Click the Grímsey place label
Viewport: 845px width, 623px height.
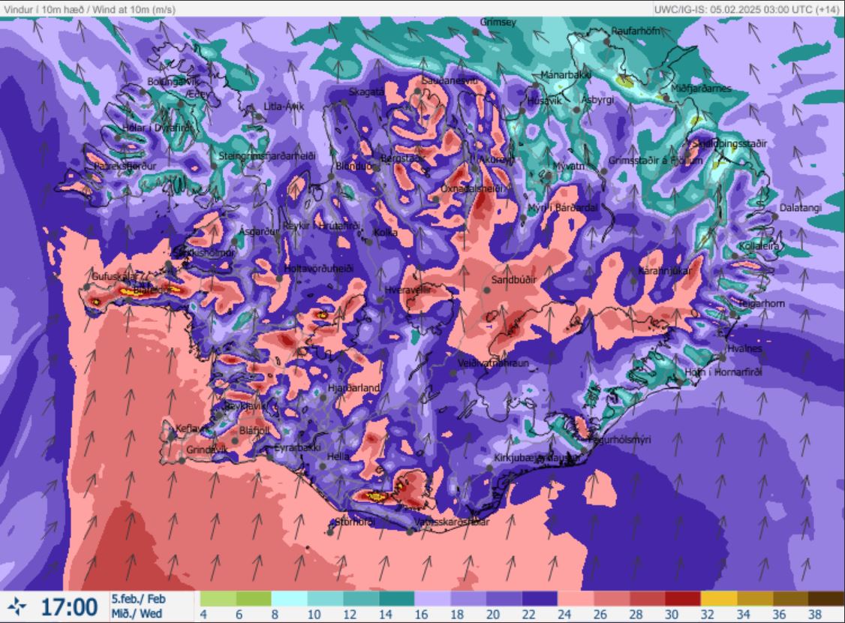pyautogui.click(x=498, y=23)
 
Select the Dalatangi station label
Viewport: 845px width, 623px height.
pyautogui.click(x=800, y=207)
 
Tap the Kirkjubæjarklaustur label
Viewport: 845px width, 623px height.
pyautogui.click(x=537, y=457)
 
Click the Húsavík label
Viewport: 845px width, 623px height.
pyautogui.click(x=545, y=101)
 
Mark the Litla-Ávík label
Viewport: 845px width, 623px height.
pyautogui.click(x=284, y=107)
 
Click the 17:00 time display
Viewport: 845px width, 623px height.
pyautogui.click(x=68, y=606)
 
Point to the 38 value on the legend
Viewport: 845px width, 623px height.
pyautogui.click(x=816, y=615)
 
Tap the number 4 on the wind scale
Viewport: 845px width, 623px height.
pyautogui.click(x=205, y=615)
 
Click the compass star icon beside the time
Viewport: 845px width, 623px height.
pyautogui.click(x=20, y=606)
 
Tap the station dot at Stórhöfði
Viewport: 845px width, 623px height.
pyautogui.click(x=330, y=532)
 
